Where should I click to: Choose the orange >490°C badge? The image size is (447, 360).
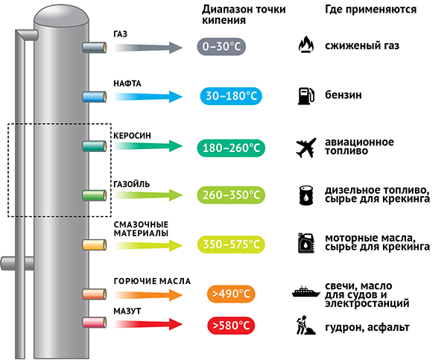(230, 294)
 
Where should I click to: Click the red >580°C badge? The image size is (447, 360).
(230, 325)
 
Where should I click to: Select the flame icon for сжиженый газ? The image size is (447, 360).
(305, 46)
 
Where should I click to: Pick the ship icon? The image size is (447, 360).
(306, 292)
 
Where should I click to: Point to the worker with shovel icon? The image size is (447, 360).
(305, 325)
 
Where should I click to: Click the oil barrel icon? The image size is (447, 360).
(305, 195)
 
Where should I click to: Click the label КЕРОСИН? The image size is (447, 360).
(132, 135)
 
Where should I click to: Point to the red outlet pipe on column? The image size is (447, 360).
(94, 324)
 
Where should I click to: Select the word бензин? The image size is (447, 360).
(343, 96)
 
